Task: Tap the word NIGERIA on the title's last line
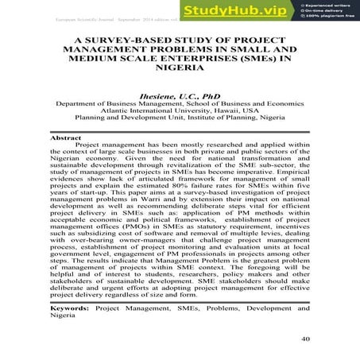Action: pos(180,69)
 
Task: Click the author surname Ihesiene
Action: pos(163,95)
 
